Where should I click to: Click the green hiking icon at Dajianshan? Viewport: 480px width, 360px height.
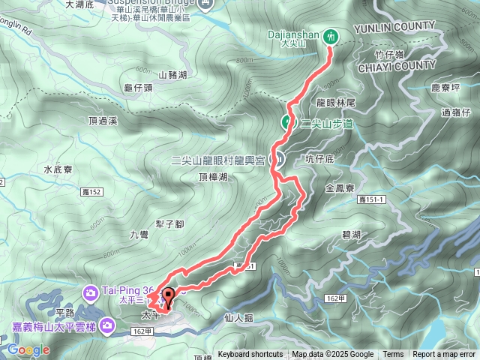pyautogui.click(x=331, y=34)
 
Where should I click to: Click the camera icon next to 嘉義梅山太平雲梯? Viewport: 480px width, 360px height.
pyautogui.click(x=107, y=325)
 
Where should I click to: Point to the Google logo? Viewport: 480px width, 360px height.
pyautogui.click(x=29, y=350)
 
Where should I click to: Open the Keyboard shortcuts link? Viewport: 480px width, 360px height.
pyautogui.click(x=250, y=355)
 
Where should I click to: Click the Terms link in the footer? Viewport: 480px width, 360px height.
pyautogui.click(x=393, y=355)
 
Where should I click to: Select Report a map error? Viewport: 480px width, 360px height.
pyautogui.click(x=444, y=355)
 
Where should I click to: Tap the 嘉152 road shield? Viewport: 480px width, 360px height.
pyautogui.click(x=91, y=193)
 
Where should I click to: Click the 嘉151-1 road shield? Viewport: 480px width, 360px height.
pyautogui.click(x=373, y=199)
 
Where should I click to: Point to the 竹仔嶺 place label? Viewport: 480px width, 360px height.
pyautogui.click(x=389, y=54)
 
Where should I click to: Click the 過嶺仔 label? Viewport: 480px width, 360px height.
pyautogui.click(x=455, y=112)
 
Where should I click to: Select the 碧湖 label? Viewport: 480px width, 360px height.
pyautogui.click(x=351, y=235)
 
